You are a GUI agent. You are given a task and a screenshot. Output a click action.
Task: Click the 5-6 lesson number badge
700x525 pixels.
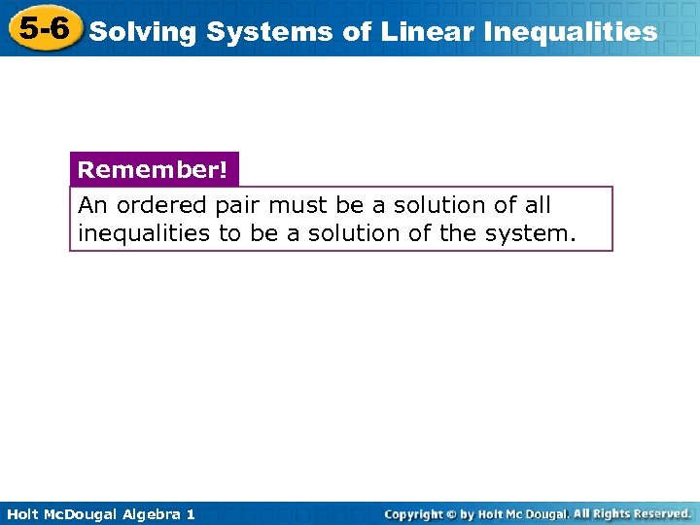tap(44, 28)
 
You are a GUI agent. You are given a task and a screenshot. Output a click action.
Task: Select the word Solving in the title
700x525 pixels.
tap(144, 32)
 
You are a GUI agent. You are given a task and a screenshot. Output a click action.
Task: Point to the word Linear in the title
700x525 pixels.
tap(424, 32)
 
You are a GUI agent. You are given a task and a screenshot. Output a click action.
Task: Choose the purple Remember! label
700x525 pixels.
tap(153, 170)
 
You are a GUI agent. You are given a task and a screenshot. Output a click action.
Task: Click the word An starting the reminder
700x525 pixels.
tap(92, 205)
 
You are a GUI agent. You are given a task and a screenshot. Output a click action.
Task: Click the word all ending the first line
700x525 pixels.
tap(536, 205)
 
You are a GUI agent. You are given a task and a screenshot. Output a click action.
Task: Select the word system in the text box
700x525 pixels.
tap(536, 233)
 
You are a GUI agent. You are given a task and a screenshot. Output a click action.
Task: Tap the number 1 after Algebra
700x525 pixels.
tap(190, 513)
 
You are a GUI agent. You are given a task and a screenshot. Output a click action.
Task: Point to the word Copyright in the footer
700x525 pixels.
tap(413, 513)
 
